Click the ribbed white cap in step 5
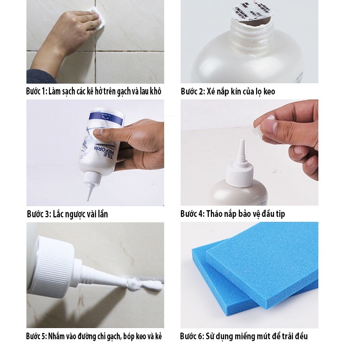pos(53,267)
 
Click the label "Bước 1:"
pos(36,91)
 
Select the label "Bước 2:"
pos(193,91)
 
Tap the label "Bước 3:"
pos(39,214)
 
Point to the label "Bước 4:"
pos(193,213)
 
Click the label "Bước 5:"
pos(36,336)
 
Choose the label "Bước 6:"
pos(192,336)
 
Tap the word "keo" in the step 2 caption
pos(269,91)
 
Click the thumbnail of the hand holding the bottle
pos(95,153)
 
